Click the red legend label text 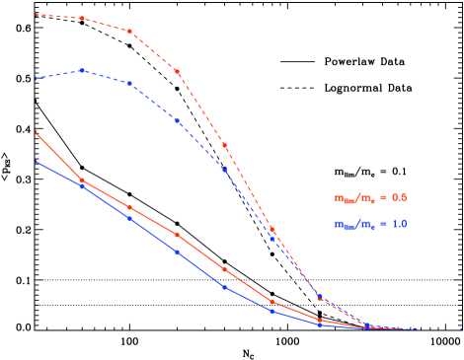pos(370,197)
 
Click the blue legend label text pos(370,224)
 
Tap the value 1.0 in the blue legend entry pos(399,224)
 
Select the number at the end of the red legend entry pos(399,197)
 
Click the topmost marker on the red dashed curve pos(82,19)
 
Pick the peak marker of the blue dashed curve pos(82,71)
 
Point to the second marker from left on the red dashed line pos(82,19)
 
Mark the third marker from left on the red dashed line pos(129,31)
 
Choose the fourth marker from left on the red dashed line pos(177,71)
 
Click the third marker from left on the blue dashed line pos(129,83)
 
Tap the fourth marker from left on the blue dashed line pos(177,120)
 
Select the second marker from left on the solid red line pos(82,180)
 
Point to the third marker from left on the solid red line pos(129,207)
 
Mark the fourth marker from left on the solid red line pos(177,235)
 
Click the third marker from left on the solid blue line pos(129,218)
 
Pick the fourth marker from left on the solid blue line pos(177,252)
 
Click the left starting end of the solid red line pos(36,132)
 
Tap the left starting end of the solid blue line pos(36,161)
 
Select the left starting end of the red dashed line pos(36,15)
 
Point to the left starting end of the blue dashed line pos(36,78)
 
